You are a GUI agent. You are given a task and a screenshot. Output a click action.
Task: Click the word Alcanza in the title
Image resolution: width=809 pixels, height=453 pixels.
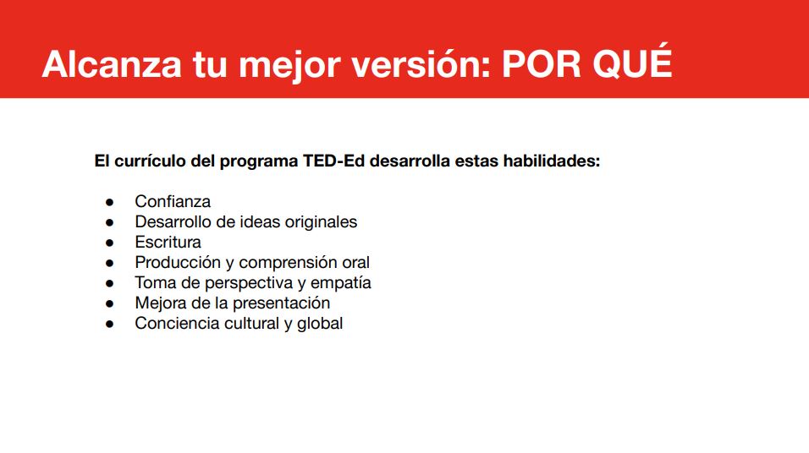(112, 64)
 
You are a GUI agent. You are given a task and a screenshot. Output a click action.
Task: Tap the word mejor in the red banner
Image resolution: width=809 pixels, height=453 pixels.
(289, 67)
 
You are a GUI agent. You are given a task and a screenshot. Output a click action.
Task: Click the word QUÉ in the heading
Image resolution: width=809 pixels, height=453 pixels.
(632, 62)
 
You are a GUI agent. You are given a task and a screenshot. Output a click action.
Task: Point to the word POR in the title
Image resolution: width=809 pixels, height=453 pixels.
(542, 64)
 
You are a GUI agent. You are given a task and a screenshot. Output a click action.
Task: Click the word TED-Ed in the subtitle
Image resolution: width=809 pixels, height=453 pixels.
(333, 161)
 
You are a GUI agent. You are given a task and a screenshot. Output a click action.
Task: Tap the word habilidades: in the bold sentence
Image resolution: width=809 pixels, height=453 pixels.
(552, 161)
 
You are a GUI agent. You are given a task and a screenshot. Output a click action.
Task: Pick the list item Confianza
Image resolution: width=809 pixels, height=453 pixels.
(173, 201)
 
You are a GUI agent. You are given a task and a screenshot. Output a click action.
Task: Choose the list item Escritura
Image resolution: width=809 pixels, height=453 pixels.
(168, 242)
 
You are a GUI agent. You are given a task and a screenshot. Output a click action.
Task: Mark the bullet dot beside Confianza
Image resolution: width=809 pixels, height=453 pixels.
(109, 202)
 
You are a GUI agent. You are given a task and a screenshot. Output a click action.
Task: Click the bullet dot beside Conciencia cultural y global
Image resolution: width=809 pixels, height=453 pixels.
(109, 325)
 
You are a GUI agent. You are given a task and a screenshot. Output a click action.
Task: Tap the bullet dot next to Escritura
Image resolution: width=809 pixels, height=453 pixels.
(109, 243)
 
